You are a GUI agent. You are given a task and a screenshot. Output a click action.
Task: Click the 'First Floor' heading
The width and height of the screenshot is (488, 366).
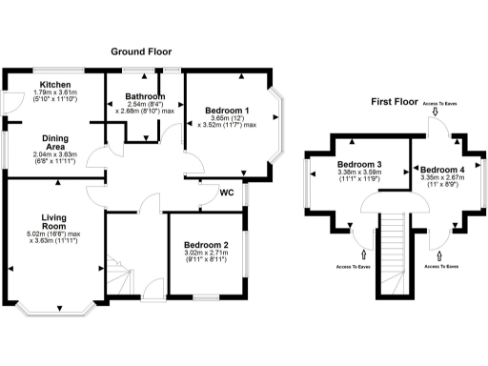pyautogui.click(x=397, y=101)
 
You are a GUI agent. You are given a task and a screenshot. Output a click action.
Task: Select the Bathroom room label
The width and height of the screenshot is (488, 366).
pyautogui.click(x=146, y=96)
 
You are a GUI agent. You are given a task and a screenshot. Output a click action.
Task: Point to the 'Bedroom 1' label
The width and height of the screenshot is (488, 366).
pyautogui.click(x=228, y=111)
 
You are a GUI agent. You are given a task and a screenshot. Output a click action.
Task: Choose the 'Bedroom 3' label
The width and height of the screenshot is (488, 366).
pyautogui.click(x=359, y=164)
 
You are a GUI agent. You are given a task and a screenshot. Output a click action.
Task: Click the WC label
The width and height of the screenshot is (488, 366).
pyautogui.click(x=228, y=193)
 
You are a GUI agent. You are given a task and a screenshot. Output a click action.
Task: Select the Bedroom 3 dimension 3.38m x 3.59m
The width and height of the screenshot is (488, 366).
pyautogui.click(x=359, y=173)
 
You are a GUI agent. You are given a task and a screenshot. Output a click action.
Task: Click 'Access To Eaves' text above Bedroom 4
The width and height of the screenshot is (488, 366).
pyautogui.click(x=440, y=102)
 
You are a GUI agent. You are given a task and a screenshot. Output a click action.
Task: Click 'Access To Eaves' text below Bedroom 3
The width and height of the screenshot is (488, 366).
pyautogui.click(x=354, y=267)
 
